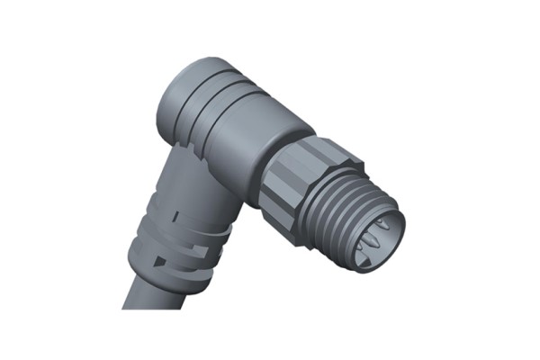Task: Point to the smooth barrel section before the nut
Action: click(256, 130)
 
